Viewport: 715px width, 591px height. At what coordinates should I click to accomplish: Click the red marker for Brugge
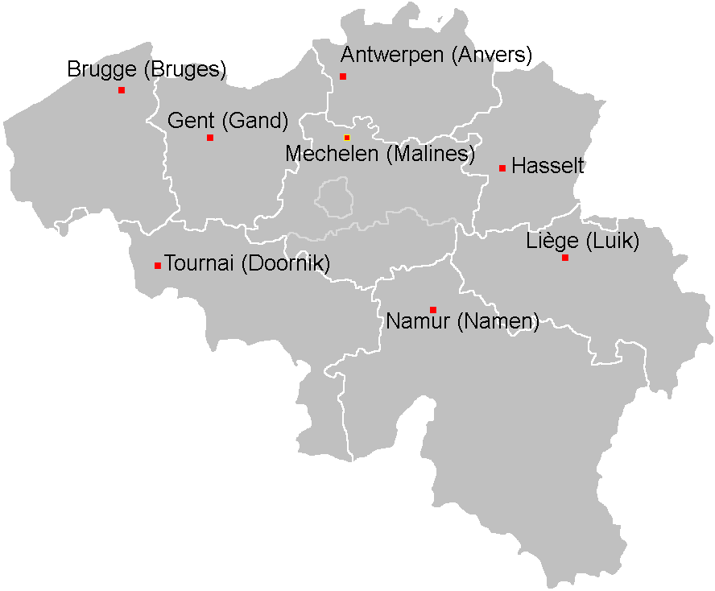pos(122,90)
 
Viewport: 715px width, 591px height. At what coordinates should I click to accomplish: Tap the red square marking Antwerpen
pos(343,76)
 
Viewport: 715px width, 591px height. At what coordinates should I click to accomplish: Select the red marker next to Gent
pos(210,138)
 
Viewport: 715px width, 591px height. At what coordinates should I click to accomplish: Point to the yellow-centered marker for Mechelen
pos(347,138)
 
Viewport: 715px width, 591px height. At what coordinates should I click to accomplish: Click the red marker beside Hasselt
pos(502,168)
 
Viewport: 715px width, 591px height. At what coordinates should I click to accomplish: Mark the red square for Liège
pos(565,258)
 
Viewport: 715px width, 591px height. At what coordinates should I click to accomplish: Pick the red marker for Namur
pos(433,310)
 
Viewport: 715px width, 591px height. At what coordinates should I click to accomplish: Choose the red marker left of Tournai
pos(158,266)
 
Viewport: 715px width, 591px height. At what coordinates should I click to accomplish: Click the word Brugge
pos(102,70)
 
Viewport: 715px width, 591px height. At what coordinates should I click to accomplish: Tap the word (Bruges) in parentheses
pos(184,70)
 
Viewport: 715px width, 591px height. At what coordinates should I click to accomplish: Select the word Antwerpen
pos(392,56)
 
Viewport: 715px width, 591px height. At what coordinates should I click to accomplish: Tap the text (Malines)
pos(430,154)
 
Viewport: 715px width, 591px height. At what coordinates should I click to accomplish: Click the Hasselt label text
pos(548,167)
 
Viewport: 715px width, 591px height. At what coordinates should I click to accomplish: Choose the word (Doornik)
pos(285,264)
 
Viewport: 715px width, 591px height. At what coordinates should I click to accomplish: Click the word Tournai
pos(200,264)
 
